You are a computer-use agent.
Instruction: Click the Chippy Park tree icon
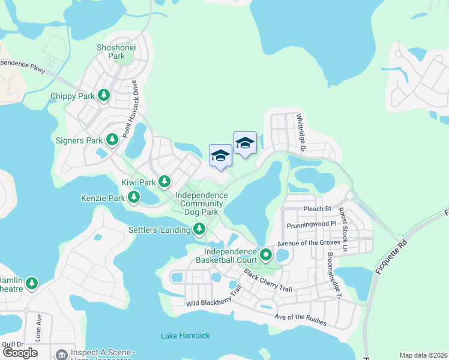104,95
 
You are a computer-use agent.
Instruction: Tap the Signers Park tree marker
112,140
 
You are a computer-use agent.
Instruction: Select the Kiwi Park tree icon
164,181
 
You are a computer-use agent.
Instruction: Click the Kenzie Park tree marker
134,196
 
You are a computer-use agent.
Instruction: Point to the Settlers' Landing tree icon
199,228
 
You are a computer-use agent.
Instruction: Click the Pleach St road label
318,209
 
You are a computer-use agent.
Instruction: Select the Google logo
20,353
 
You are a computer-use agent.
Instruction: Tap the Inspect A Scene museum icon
60,355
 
